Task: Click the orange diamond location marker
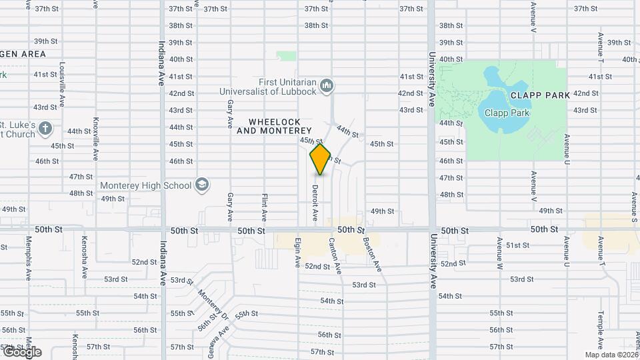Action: pyautogui.click(x=321, y=159)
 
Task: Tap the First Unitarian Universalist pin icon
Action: pyautogui.click(x=327, y=85)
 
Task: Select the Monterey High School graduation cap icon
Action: pyautogui.click(x=202, y=185)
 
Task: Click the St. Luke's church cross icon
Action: pyautogui.click(x=45, y=128)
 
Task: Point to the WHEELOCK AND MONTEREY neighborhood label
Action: pyautogui.click(x=280, y=126)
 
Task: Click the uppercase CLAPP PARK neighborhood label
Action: pyautogui.click(x=540, y=95)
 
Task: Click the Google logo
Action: pyautogui.click(x=21, y=351)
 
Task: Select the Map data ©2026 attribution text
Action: pyautogui.click(x=611, y=355)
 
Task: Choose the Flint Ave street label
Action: pyautogui.click(x=264, y=207)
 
